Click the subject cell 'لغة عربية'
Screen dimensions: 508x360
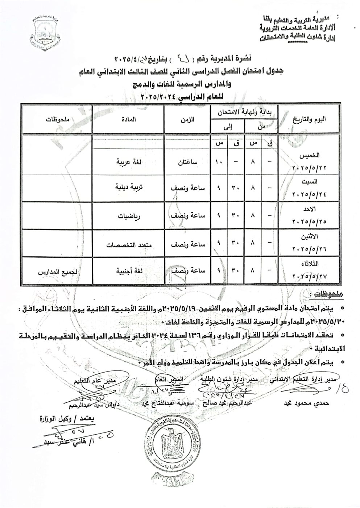pyautogui.click(x=125, y=162)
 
